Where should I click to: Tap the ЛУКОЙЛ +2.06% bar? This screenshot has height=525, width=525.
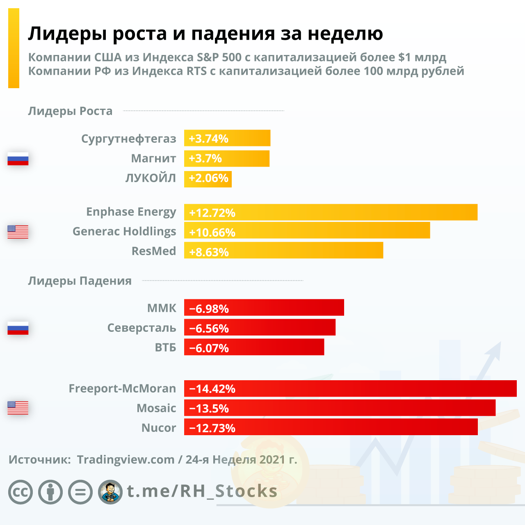point(208,179)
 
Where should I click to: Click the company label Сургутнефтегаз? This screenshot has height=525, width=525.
point(128,139)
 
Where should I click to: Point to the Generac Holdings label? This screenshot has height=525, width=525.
point(124,231)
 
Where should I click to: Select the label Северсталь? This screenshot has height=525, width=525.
point(142,328)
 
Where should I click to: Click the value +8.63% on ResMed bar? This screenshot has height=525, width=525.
point(209,252)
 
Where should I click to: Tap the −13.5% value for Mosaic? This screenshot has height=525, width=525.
point(209,409)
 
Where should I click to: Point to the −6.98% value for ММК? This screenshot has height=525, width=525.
point(209,308)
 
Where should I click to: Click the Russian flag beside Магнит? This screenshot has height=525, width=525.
point(18,159)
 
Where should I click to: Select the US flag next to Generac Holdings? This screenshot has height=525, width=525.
point(18,232)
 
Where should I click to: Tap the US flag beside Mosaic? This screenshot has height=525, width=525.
point(18,408)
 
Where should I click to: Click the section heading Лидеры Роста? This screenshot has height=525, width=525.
point(70,111)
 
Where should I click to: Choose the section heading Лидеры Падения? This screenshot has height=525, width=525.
point(80,281)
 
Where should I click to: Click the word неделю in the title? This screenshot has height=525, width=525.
point(345,34)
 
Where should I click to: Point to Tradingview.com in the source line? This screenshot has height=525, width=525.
point(126,459)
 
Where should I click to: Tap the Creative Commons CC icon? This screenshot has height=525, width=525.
point(21,492)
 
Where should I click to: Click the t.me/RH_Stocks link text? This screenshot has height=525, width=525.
point(202,491)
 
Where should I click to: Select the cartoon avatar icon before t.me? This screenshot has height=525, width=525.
point(110,492)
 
